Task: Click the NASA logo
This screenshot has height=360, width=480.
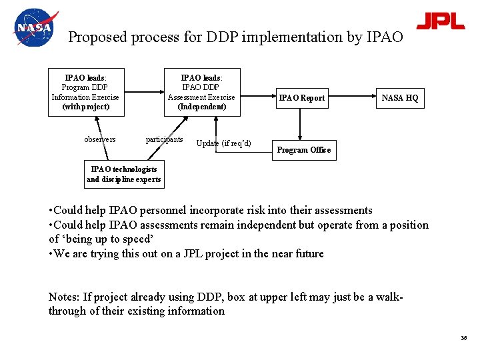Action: point(35,28)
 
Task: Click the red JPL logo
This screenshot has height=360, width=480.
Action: point(440,21)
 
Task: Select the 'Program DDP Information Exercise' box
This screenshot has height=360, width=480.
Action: point(85,92)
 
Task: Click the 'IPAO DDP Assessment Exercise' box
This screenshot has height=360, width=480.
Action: point(201,92)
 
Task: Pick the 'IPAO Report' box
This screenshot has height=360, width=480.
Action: point(301,98)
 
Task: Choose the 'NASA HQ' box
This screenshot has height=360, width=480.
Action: point(399,98)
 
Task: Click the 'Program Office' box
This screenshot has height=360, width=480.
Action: point(303,150)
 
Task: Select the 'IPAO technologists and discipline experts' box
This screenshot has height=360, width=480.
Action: point(123,175)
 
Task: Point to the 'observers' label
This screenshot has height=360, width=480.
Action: point(100,139)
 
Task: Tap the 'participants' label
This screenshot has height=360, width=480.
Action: point(164,139)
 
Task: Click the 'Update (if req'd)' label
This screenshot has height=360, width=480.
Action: point(224,143)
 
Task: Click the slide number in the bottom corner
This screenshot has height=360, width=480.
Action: point(463,339)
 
